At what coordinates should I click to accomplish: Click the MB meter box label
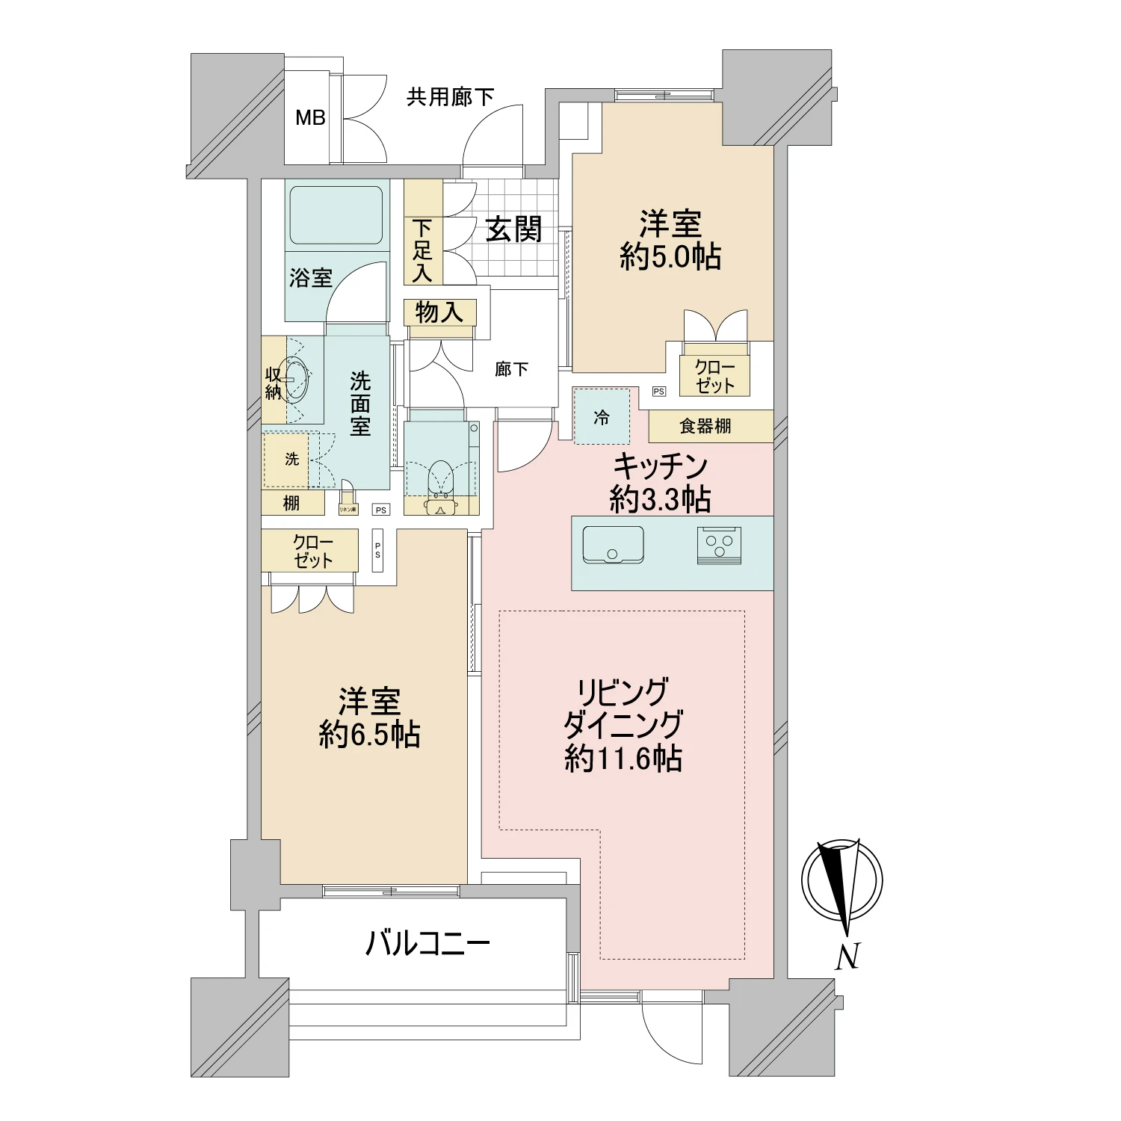point(310,117)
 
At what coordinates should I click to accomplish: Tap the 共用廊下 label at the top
point(450,96)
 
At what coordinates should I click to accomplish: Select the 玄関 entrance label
point(513,229)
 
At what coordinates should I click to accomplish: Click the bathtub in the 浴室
point(336,214)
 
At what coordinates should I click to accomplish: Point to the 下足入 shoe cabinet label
point(422,250)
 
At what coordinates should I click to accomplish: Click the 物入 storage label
point(439,312)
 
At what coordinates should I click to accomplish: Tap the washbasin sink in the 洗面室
point(297,381)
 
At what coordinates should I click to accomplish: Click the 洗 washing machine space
point(291,459)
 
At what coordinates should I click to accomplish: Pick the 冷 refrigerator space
point(602,418)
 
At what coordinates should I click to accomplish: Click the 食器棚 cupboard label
point(705,426)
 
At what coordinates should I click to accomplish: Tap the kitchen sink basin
point(612,545)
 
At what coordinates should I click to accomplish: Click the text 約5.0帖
point(670,257)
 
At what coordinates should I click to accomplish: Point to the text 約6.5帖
point(369,735)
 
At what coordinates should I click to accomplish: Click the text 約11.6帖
point(623,759)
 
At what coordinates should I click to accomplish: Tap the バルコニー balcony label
point(427,944)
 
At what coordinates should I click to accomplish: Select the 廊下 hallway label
point(512,369)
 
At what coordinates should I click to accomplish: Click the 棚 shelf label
point(291,504)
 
